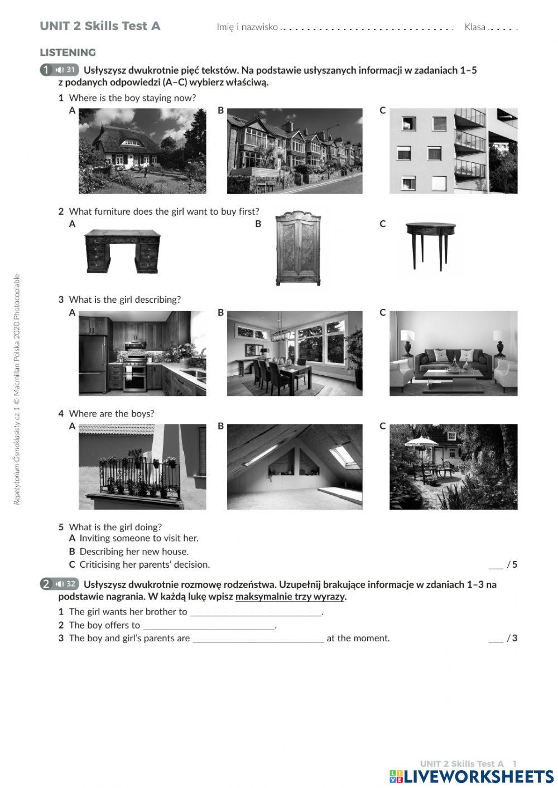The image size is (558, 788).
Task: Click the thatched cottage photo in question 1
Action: [x=142, y=151]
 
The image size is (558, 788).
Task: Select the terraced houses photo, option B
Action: [x=294, y=151]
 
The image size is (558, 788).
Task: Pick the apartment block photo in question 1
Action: [x=453, y=151]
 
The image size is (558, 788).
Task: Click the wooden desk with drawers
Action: [x=123, y=252]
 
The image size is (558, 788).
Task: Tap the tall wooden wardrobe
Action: [x=298, y=249]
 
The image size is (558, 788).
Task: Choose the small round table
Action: [x=430, y=245]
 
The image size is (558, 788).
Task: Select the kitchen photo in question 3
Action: [x=142, y=354]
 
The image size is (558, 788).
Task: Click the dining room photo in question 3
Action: [x=294, y=354]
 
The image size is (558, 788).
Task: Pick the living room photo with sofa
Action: [x=453, y=354]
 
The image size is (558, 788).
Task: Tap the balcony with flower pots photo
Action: [x=142, y=467]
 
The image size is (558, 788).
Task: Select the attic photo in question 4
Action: [x=294, y=467]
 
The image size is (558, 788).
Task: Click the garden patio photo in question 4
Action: [x=453, y=467]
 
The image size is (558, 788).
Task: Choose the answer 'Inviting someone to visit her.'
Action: [x=138, y=538]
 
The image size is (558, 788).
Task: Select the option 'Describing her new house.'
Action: [x=134, y=552]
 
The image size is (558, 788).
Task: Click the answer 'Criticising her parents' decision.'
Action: [x=145, y=564]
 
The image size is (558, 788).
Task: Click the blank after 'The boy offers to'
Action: [x=209, y=626]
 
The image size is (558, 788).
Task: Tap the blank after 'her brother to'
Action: [x=256, y=612]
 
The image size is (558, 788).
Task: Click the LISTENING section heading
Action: [x=68, y=52]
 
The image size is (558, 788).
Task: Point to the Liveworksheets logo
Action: [x=472, y=777]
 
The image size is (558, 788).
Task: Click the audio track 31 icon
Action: [x=65, y=70]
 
